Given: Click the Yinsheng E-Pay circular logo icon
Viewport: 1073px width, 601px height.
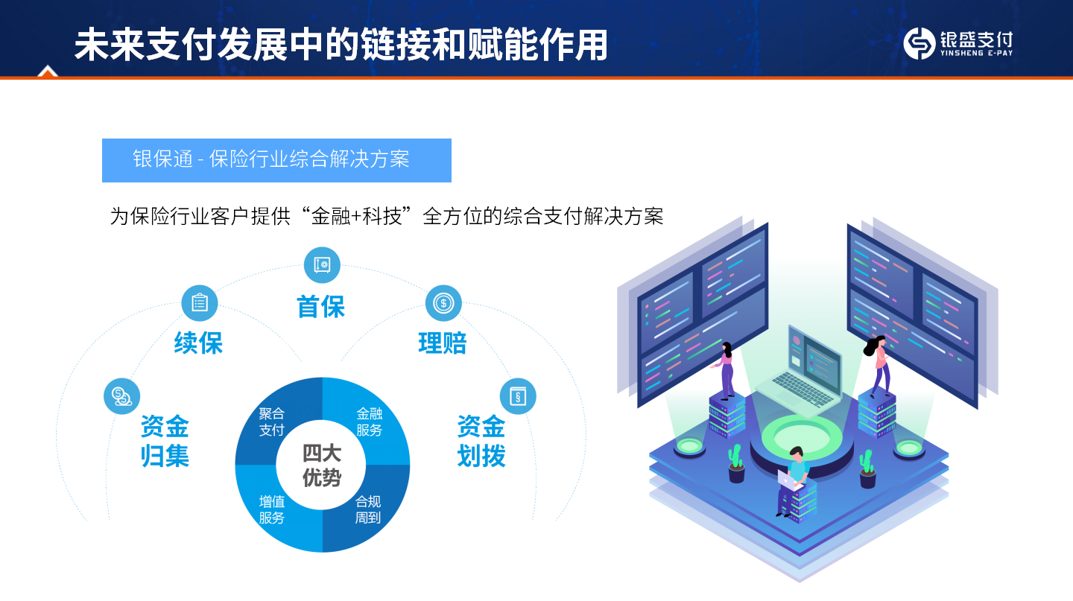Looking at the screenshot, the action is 920,43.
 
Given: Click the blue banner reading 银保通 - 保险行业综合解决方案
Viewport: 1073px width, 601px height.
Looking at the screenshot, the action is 276,160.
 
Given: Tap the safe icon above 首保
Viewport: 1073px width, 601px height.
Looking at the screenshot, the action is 322,265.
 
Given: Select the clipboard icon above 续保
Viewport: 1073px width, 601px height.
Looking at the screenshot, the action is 199,303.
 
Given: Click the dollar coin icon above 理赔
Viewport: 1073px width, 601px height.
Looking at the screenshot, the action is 443,303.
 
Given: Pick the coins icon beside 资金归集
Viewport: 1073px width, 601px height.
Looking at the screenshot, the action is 121,396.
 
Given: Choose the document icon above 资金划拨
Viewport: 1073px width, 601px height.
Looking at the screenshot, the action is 517,396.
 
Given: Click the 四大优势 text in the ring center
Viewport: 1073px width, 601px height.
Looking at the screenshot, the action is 322,465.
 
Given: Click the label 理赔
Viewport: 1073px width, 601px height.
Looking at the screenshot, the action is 442,343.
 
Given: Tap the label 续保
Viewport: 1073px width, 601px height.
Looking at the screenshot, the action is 198,343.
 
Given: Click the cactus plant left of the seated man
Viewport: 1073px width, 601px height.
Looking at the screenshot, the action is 736,463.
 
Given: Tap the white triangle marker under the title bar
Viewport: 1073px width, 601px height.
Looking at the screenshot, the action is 48,71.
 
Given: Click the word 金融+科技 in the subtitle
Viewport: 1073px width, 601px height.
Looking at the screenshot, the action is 356,216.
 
